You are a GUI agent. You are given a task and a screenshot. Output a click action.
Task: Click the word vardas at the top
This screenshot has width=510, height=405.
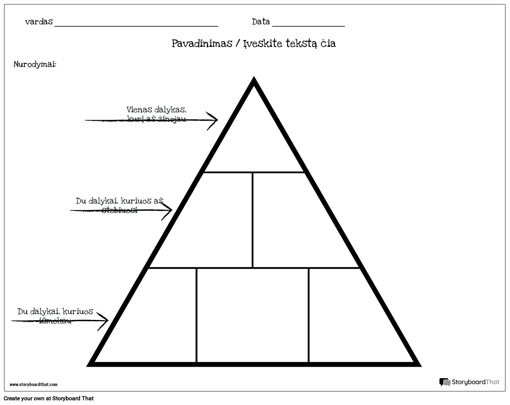click(x=39, y=22)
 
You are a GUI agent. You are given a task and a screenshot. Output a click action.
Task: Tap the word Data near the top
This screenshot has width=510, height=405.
click(x=261, y=22)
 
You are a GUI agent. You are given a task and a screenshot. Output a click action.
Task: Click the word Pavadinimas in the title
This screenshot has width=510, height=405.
click(x=202, y=44)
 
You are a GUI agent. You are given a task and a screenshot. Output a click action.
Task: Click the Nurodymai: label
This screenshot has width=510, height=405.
click(x=35, y=64)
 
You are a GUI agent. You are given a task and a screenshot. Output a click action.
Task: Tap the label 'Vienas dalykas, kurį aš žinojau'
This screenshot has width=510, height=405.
click(x=156, y=114)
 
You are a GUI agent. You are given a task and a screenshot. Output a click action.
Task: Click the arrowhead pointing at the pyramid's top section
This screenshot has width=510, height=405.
click(x=213, y=120)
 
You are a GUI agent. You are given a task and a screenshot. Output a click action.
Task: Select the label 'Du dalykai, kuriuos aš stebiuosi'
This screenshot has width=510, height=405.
click(x=120, y=205)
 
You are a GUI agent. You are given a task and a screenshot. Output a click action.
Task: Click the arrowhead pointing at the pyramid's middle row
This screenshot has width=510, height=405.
click(x=168, y=210)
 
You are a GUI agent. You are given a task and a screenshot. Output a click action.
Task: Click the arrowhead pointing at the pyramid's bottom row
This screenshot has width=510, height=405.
click(x=104, y=320)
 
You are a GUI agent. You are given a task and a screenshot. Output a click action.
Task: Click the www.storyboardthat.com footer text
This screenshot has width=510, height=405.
click(x=33, y=385)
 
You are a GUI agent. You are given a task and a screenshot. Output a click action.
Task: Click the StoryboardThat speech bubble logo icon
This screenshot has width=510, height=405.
click(x=445, y=382)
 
